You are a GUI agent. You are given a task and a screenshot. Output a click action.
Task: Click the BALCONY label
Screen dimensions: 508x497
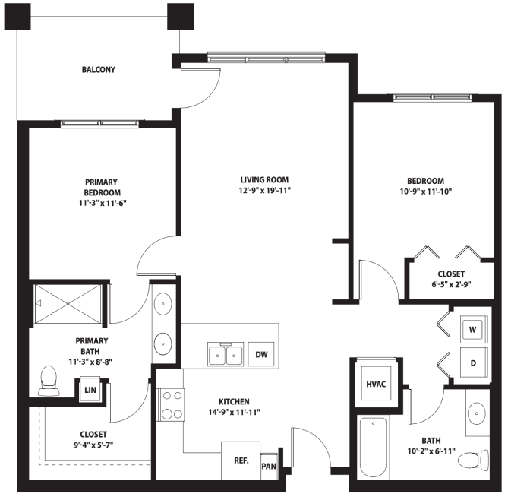click(x=99, y=70)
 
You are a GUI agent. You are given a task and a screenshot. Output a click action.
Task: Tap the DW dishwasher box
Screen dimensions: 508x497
click(x=261, y=354)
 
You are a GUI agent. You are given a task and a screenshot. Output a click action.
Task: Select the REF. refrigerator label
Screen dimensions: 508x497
click(x=241, y=461)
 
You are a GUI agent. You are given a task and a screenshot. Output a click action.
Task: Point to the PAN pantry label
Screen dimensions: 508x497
click(x=269, y=467)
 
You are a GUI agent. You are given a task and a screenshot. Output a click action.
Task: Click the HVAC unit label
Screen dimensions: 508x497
click(x=376, y=385)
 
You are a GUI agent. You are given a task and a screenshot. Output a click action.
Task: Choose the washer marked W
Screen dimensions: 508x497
click(x=474, y=330)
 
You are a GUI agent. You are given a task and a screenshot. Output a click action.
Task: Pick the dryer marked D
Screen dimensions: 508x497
click(x=474, y=362)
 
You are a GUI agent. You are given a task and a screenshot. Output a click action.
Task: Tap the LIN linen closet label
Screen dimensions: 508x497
click(x=90, y=390)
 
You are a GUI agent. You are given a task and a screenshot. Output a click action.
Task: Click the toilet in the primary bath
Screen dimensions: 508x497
click(x=49, y=381)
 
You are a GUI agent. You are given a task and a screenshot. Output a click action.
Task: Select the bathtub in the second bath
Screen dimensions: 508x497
click(x=374, y=448)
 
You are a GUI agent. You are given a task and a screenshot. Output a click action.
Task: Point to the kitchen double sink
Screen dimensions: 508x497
click(x=226, y=354)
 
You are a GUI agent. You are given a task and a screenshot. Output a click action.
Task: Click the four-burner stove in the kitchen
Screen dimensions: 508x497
click(x=170, y=405)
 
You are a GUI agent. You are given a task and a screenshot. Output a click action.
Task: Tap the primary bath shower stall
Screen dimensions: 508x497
click(x=68, y=304)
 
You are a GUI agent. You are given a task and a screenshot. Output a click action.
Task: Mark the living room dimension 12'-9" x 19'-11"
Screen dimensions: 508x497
click(x=265, y=190)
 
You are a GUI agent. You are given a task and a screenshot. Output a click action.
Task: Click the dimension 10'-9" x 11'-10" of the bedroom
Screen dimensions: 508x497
click(x=426, y=192)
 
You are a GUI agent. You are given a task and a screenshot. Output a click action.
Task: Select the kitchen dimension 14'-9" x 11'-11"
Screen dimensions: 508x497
click(x=234, y=413)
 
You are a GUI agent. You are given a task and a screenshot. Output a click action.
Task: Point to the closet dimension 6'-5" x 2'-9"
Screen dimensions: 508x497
click(x=451, y=285)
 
